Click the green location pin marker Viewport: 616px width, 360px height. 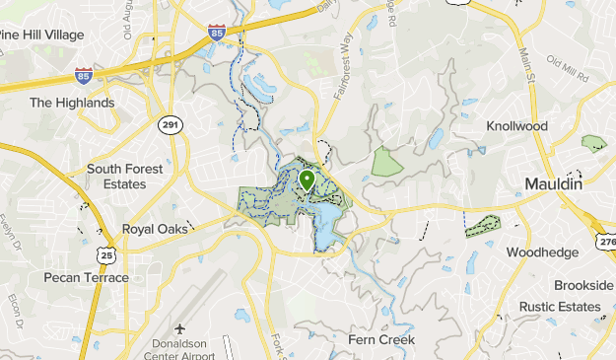pyautogui.click(x=307, y=180)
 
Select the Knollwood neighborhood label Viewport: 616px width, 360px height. pyautogui.click(x=516, y=127)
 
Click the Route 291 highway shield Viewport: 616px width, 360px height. pyautogui.click(x=169, y=123)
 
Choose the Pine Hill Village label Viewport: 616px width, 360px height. pyautogui.click(x=41, y=35)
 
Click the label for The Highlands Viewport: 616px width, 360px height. pyautogui.click(x=72, y=103)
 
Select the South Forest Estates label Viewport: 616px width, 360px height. pyautogui.click(x=123, y=177)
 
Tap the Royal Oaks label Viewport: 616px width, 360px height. pyautogui.click(x=156, y=229)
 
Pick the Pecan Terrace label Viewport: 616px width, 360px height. pyautogui.click(x=86, y=278)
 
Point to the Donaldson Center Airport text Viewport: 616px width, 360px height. pyautogui.click(x=180, y=349)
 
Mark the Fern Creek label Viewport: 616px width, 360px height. pyautogui.click(x=381, y=339)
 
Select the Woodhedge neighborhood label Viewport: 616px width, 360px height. pyautogui.click(x=542, y=252)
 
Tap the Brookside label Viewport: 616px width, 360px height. pyautogui.click(x=582, y=284)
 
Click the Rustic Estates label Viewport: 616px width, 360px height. pyautogui.click(x=559, y=307)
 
